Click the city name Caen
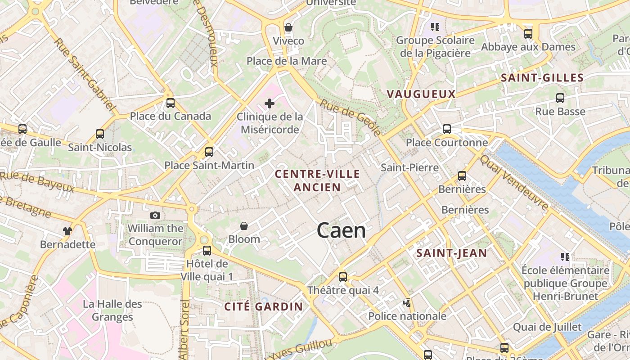point(341,231)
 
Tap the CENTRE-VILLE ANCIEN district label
point(317,180)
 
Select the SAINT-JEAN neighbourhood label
point(451,253)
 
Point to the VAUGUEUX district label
point(421,94)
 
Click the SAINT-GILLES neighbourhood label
point(542,78)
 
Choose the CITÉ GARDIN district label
point(263,307)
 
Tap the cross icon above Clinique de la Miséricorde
point(270,104)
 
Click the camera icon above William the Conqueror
point(155,216)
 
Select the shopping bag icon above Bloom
point(244,226)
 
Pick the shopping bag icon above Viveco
point(288,28)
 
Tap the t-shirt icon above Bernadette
point(67,231)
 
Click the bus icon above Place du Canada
point(170,103)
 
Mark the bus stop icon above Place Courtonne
point(446,129)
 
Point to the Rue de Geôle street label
point(350,117)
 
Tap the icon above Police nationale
point(407,303)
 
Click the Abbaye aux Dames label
point(528,47)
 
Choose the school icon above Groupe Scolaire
point(435,27)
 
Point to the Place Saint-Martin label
point(209,165)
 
